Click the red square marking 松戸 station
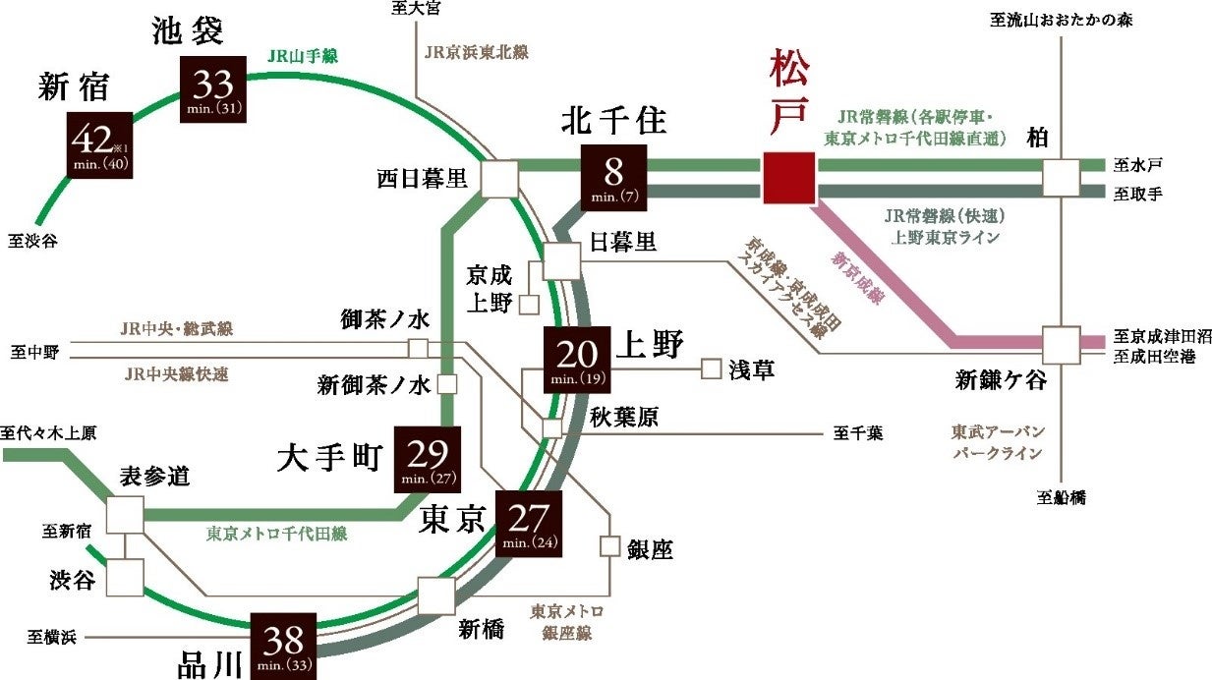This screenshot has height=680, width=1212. (x=787, y=178)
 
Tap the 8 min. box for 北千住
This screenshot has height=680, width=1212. (x=613, y=178)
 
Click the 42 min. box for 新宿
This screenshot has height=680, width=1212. (x=98, y=144)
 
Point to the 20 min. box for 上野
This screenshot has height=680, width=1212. (x=577, y=360)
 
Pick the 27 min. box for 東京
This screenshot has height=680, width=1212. (x=529, y=524)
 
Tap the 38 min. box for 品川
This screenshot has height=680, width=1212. (x=283, y=646)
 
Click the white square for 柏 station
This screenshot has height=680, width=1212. (x=1062, y=178)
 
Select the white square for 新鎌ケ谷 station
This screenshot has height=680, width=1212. (x=1062, y=345)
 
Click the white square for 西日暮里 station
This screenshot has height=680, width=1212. (x=499, y=180)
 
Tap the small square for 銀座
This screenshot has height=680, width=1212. (x=610, y=546)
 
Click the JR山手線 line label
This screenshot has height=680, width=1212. (x=303, y=57)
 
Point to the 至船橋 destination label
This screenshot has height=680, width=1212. (x=1062, y=497)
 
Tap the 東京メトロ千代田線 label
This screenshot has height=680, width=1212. (x=276, y=534)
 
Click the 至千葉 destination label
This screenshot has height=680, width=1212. (x=858, y=430)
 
